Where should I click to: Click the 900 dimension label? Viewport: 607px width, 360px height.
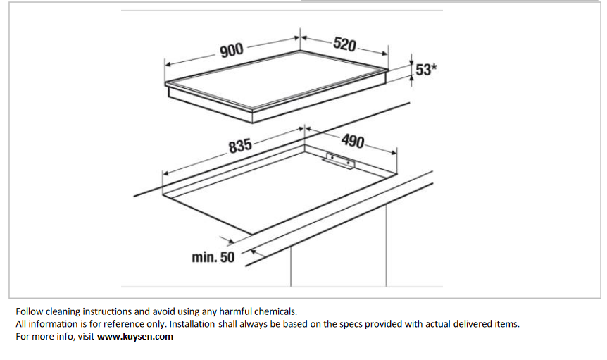coord(232,50)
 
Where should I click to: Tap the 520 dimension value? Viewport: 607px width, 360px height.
coord(344,44)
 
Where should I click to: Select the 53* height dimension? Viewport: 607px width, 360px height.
coord(426,70)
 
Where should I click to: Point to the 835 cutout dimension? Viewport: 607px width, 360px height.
coord(240,146)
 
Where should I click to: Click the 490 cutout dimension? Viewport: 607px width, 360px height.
coord(353,141)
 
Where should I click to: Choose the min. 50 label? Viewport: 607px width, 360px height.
coord(213,257)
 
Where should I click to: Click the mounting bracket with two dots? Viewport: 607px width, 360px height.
coord(340,161)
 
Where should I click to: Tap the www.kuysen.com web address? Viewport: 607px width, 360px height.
coord(135,336)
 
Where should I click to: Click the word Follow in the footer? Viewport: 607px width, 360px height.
coord(29,311)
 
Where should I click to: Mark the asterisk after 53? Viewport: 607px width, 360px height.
coord(434,67)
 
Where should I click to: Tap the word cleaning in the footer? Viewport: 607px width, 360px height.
coord(63,311)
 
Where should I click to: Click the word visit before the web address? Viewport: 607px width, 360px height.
coord(86,336)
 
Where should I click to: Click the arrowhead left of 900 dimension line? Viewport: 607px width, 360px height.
coord(168,65)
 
